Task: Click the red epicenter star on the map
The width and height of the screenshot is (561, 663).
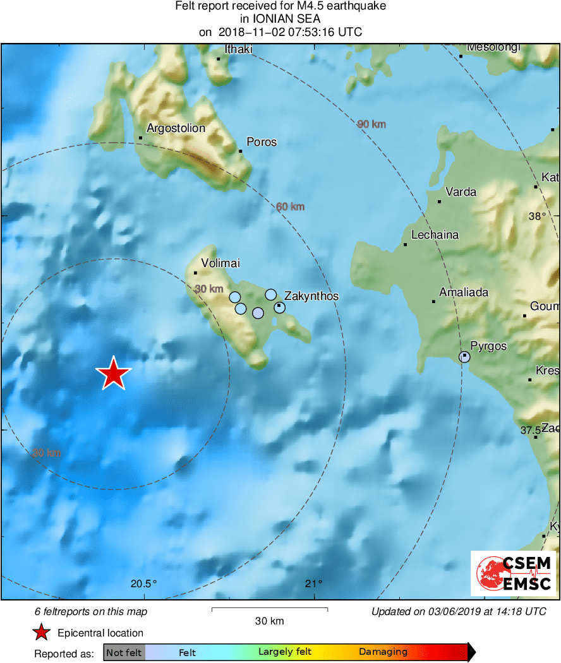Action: point(113,374)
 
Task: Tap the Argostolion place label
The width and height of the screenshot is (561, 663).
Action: point(176,128)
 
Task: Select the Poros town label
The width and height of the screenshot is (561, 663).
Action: point(262,142)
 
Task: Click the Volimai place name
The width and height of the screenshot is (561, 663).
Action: point(220,264)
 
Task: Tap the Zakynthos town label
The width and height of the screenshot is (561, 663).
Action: point(311,296)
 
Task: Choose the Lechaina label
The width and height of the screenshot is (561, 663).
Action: point(435,235)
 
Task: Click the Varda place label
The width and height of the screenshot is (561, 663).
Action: point(461,192)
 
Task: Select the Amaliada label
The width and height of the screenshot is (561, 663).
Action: point(464,293)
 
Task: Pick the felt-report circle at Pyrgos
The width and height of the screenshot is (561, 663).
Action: point(464,357)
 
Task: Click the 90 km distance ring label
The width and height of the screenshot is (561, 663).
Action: point(371,124)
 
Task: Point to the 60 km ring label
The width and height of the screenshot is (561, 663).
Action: point(291,206)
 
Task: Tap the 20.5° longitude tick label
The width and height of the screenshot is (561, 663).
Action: point(143,583)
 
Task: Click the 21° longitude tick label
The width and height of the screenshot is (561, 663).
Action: point(315,583)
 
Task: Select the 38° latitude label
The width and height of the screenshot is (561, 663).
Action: point(538,216)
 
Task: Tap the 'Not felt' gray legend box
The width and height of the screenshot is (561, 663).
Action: point(124,652)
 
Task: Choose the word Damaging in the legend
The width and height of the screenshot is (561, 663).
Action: point(383,652)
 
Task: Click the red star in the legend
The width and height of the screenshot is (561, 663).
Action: point(42,633)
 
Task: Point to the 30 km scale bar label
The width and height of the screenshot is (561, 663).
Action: point(269,621)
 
